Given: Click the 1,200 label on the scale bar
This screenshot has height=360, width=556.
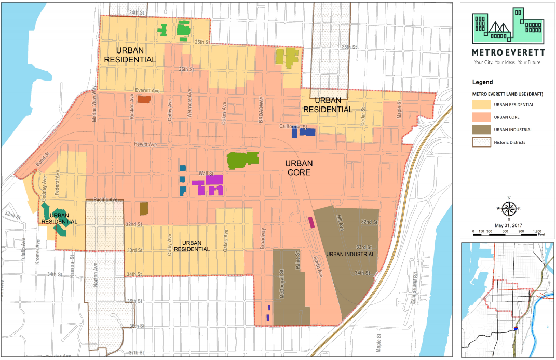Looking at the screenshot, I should (x=537, y=230).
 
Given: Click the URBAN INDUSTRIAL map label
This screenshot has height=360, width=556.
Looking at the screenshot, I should (x=350, y=255).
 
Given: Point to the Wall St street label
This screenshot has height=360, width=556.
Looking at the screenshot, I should (x=207, y=174).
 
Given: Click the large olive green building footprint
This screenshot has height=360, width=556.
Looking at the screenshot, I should (x=242, y=160).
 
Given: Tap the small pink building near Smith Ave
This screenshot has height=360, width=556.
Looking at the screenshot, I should (x=311, y=222).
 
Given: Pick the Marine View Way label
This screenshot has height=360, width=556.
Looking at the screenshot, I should (x=94, y=104).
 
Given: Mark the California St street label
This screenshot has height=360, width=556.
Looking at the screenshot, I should (x=294, y=126).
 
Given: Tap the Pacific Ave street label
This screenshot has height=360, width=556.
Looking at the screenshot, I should (x=105, y=199).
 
